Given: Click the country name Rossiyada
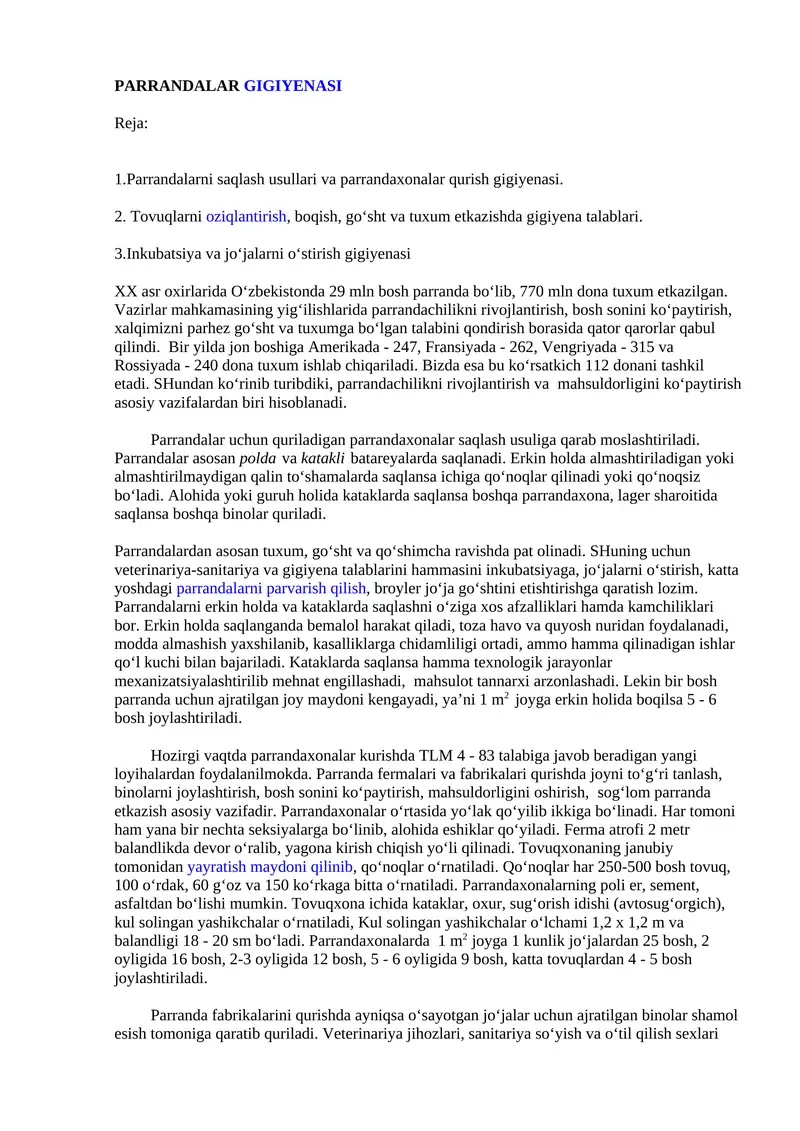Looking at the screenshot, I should coord(152,366).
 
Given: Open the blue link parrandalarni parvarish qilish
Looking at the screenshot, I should coord(273,588).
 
